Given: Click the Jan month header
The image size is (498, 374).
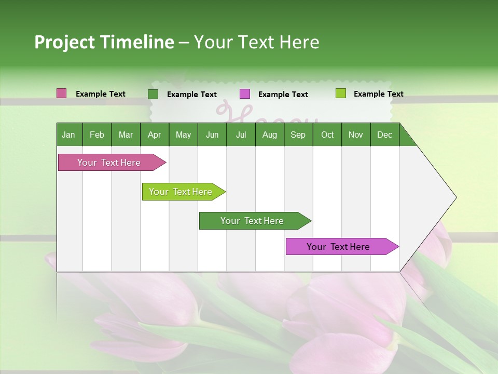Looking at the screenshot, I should coord(68,135).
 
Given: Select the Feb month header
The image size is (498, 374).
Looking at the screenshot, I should coord(97,135).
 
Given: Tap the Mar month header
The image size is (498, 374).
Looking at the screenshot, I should coord(126,135).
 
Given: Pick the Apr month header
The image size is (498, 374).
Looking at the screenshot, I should coord(154,135).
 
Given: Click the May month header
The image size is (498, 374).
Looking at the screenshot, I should coord(183,135).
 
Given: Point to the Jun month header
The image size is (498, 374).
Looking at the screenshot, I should coord(212,135).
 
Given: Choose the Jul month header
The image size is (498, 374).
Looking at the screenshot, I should coord(241,135).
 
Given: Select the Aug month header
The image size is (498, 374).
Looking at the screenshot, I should coord(269,135).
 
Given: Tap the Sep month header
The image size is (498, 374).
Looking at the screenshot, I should coord(298,135).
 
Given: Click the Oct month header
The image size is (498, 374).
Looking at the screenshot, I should coord(327,135).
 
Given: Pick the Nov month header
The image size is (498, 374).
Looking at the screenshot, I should coord(356,135).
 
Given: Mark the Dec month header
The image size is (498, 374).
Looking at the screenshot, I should coord(384,135).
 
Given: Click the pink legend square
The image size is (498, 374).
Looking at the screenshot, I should coord(62,94).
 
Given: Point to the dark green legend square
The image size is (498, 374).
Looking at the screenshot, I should coord(153,94).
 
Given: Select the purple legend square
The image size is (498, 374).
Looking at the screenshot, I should coord(245,94).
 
